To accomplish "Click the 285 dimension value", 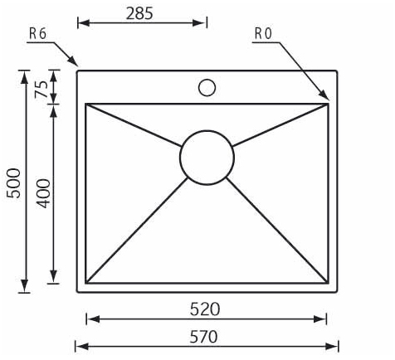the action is click(x=139, y=13).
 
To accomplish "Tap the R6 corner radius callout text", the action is click(x=38, y=34).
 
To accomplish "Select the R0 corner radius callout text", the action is click(x=263, y=34).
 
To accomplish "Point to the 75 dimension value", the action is click(x=41, y=89).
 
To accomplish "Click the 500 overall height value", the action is click(x=13, y=183).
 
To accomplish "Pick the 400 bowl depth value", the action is click(x=44, y=193).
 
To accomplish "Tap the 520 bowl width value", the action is click(x=205, y=309).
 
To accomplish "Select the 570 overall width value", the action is click(x=204, y=337).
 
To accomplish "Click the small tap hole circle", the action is click(x=207, y=88).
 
